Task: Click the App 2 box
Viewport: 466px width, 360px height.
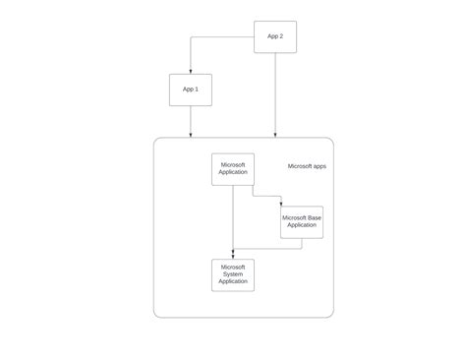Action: coord(275,37)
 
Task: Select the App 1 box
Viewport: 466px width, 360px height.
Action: coord(191,90)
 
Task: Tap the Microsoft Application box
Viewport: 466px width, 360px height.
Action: coord(233,169)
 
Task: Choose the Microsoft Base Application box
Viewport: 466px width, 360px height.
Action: coord(302,221)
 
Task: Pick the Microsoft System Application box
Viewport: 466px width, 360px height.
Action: coord(233,274)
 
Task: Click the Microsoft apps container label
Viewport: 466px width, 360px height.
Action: coord(307,167)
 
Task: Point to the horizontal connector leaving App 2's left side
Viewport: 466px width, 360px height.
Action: coord(222,37)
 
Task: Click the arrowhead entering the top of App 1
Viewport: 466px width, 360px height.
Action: coord(191,70)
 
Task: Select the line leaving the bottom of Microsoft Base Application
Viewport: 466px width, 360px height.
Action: coord(302,243)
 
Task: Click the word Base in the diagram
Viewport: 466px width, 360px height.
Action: coord(314,217)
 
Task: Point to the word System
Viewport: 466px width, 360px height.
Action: coord(233,274)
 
